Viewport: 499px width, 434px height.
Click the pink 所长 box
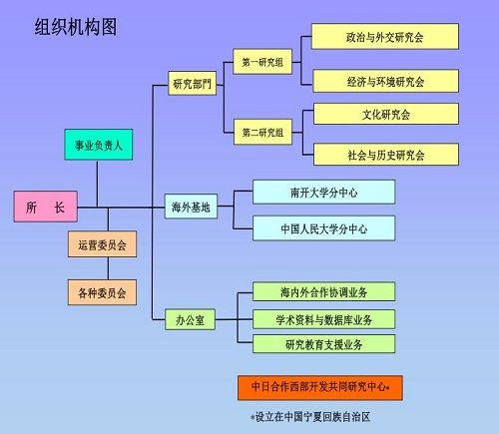click(x=46, y=207)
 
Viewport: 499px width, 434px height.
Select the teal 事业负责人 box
click(x=99, y=145)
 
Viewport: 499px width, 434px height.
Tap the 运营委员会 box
click(x=102, y=244)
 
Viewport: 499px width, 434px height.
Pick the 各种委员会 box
click(x=102, y=292)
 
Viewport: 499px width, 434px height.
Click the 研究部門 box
click(x=193, y=83)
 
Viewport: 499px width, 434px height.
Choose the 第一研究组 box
click(x=262, y=62)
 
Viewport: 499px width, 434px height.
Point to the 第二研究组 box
click(x=262, y=132)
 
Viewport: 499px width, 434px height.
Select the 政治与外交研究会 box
click(x=385, y=37)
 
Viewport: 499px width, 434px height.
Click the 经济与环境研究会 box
click(x=386, y=81)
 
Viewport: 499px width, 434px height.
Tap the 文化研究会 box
click(x=386, y=114)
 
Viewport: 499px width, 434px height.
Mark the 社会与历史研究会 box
click(x=386, y=155)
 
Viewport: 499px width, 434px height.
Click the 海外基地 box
click(x=191, y=207)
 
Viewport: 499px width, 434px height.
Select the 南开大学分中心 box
click(x=324, y=192)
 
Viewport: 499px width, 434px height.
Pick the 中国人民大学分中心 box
click(x=324, y=228)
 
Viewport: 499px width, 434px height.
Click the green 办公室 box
click(x=190, y=319)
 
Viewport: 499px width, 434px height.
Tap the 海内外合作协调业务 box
click(x=324, y=291)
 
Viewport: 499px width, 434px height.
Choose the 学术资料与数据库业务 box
click(x=324, y=319)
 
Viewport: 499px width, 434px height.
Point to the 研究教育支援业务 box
click(x=324, y=344)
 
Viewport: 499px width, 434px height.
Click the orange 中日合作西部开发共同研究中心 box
click(x=320, y=388)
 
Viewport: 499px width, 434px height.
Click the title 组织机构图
click(x=76, y=27)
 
